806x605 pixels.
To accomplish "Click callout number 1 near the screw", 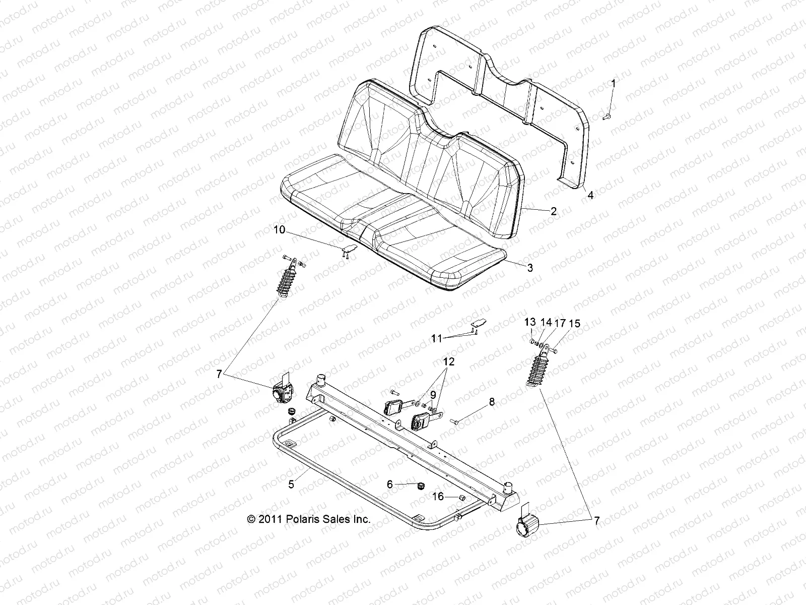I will pos(613,83).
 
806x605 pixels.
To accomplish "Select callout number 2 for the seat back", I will pos(553,211).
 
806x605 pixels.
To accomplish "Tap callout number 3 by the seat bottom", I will pos(529,268).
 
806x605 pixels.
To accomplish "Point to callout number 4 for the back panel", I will pos(590,195).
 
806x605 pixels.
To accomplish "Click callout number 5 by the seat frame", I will pos(291,485).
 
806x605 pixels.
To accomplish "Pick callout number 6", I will pos(389,483).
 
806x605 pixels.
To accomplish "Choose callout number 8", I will pos(492,402).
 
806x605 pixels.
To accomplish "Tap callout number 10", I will pos(279,230).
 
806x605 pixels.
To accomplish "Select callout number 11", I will pos(436,339).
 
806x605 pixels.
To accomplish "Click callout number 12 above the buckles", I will pos(448,361).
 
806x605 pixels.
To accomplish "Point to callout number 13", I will pos(530,322).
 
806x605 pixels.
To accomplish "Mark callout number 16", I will pos(438,497).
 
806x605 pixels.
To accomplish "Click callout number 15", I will pos(574,324).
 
